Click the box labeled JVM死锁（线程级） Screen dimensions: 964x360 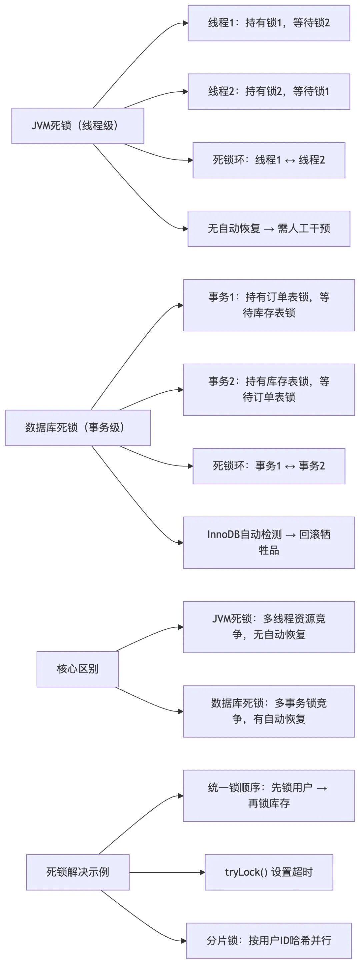click(77, 126)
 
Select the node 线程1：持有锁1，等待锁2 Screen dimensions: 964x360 click(269, 23)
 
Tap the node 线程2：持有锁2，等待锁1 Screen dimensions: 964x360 click(269, 91)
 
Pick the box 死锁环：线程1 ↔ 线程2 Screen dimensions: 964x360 click(269, 160)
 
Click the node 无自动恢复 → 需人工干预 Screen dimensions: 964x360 click(269, 229)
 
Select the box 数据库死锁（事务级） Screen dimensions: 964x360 click(77, 428)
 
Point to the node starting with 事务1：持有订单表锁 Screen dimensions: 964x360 click(269, 305)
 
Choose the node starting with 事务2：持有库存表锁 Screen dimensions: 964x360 click(269, 390)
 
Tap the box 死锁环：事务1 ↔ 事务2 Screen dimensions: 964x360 click(269, 466)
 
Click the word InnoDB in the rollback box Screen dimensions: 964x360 click(223, 534)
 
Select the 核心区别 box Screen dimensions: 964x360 click(77, 669)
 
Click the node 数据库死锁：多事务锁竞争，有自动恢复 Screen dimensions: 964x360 click(269, 711)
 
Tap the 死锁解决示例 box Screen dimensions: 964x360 click(77, 872)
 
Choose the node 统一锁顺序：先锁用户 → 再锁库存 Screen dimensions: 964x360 click(269, 796)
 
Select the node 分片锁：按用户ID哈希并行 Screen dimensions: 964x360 click(269, 941)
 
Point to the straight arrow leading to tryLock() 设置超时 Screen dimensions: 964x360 click(167, 872)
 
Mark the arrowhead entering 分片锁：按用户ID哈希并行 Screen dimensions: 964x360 click(184, 941)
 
